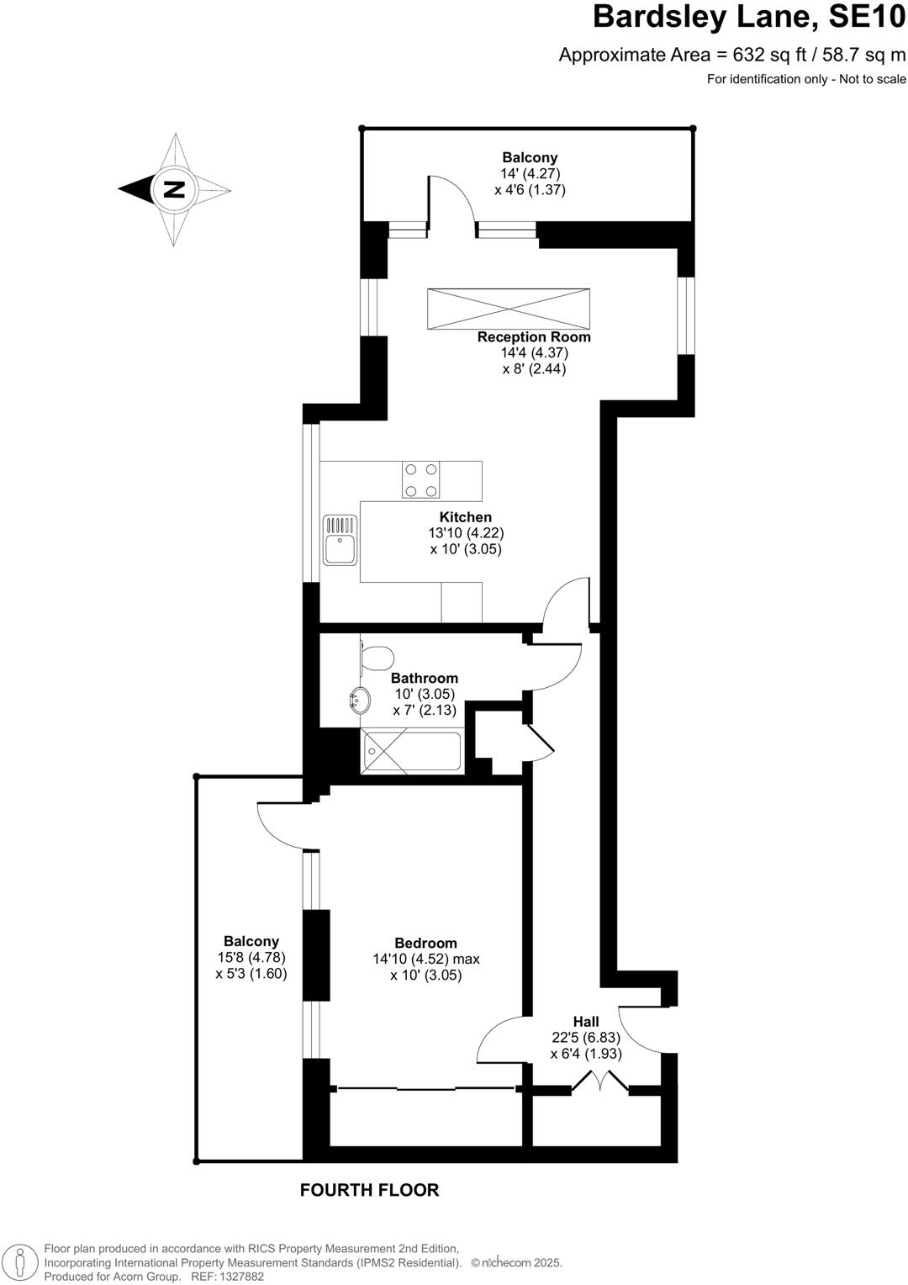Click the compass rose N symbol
173,188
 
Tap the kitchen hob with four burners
420,480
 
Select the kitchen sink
340,540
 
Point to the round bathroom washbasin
360,699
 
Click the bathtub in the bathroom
411,751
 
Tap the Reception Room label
534,337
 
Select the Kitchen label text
466,517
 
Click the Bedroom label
425,943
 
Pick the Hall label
586,1022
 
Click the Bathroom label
425,678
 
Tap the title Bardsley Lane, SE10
749,18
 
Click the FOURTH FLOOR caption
369,1190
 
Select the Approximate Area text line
732,56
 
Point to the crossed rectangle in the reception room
508,309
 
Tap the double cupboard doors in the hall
600,1082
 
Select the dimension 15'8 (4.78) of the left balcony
251,957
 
